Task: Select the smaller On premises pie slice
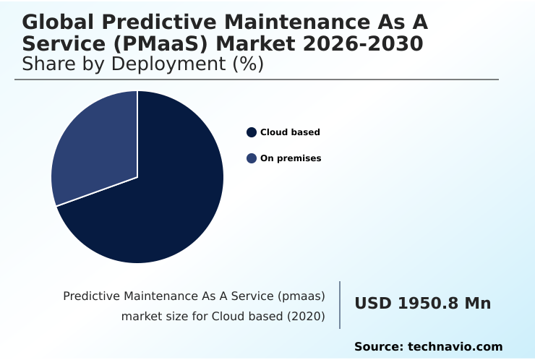click(x=94, y=152)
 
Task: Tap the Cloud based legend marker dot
click(x=252, y=132)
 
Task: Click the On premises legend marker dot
click(x=252, y=158)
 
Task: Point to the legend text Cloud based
click(x=290, y=132)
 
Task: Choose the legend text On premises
click(x=291, y=158)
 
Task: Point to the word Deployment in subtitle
click(x=171, y=64)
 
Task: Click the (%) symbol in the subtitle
click(x=248, y=64)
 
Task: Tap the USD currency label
click(x=372, y=304)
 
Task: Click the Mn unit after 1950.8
click(x=477, y=304)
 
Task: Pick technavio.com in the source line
click(x=455, y=347)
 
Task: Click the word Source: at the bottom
click(x=378, y=347)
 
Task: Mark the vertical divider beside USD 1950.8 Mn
click(x=340, y=305)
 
